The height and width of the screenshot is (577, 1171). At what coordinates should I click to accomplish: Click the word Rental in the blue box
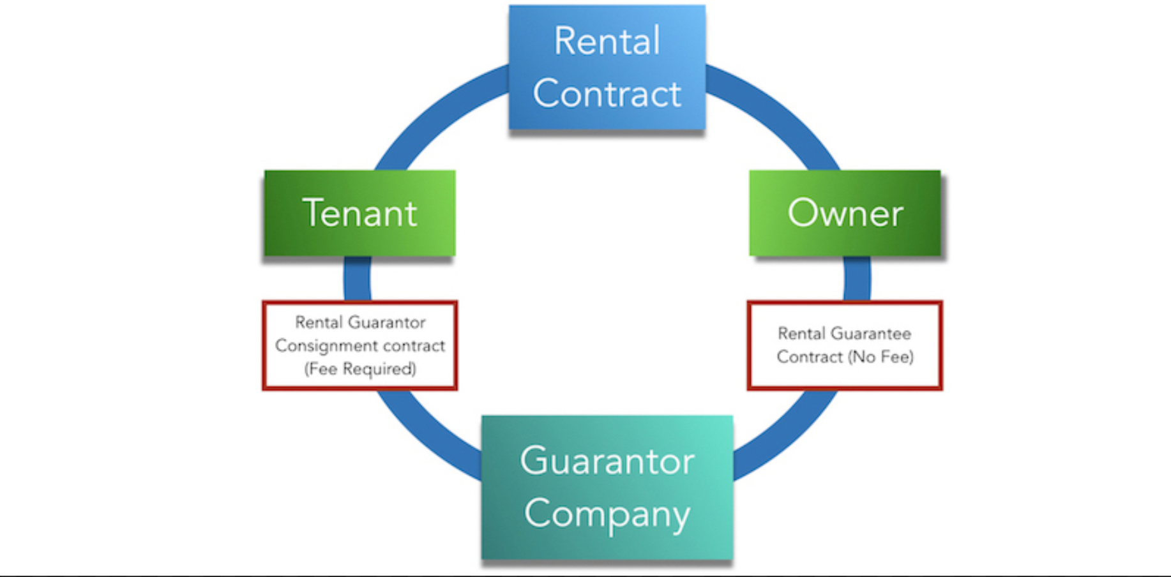tap(607, 41)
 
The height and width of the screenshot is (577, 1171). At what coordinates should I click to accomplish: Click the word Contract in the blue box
tap(607, 94)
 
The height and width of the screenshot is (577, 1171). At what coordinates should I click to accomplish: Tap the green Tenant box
tap(359, 213)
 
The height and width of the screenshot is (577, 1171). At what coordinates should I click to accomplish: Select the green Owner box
tap(845, 213)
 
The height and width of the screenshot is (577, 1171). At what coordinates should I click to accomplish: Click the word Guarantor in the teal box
tap(607, 461)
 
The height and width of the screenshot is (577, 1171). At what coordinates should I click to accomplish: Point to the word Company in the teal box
tap(607, 514)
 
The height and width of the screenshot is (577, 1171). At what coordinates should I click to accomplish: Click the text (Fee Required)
tap(360, 369)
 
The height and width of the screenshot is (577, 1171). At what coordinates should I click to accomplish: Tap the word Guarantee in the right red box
tap(871, 334)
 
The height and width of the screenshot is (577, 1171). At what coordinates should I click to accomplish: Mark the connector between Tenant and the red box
tap(357, 279)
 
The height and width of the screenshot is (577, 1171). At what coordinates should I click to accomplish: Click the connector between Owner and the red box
tap(857, 279)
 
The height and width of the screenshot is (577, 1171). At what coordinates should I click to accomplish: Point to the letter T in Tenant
tap(315, 213)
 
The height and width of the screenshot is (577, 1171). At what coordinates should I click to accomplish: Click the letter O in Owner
tap(803, 213)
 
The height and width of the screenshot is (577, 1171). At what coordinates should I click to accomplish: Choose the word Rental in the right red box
tap(801, 334)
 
